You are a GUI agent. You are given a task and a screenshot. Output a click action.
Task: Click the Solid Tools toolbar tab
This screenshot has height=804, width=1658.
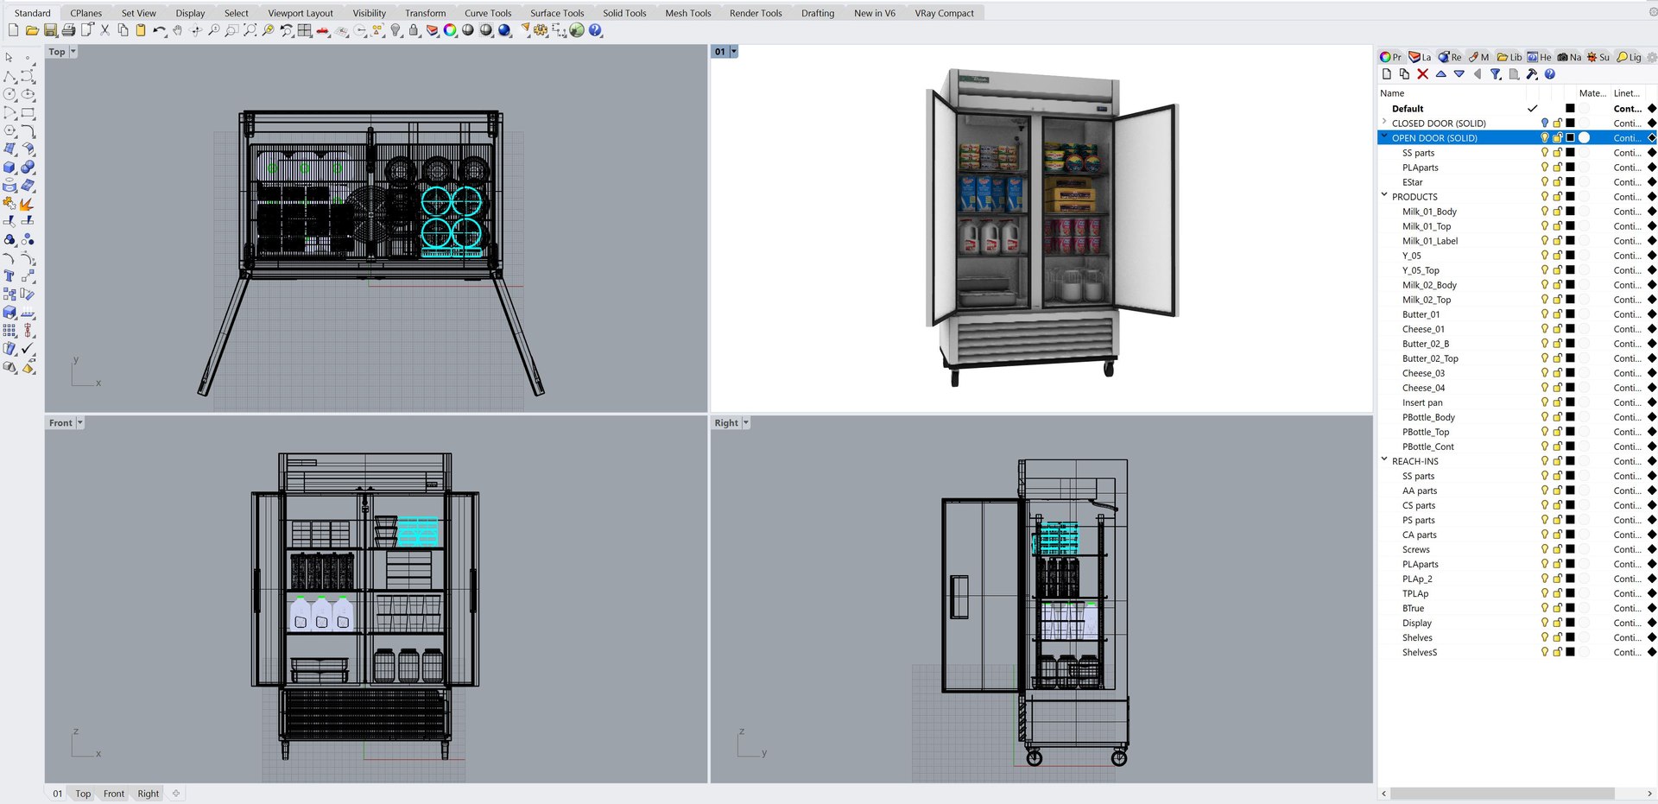[623, 13]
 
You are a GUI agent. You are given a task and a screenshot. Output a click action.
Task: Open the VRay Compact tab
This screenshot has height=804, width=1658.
[944, 13]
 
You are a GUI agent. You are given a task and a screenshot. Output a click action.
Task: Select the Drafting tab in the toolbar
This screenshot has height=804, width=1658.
[817, 13]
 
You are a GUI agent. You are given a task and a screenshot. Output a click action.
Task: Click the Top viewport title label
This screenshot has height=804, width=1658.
[57, 52]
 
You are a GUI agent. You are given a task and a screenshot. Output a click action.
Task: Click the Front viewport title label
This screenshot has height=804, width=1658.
[60, 423]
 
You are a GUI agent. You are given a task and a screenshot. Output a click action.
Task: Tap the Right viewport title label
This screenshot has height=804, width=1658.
[726, 423]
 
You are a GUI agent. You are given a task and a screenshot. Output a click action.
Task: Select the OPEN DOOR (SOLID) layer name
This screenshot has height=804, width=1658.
[1434, 138]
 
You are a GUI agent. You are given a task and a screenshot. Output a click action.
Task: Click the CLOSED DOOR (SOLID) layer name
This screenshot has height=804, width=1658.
[1439, 123]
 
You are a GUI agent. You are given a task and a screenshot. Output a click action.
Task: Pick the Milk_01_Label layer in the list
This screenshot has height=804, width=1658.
[1429, 241]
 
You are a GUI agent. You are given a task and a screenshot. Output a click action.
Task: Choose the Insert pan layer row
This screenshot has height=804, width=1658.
[1422, 402]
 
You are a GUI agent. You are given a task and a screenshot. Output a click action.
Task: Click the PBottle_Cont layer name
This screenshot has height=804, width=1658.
[1427, 446]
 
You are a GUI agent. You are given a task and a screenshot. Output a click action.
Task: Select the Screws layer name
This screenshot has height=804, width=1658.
[1415, 549]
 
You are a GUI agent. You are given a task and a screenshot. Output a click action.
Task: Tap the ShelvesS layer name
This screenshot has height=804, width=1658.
[1419, 652]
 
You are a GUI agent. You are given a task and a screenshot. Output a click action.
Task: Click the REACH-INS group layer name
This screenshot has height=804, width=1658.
[1414, 461]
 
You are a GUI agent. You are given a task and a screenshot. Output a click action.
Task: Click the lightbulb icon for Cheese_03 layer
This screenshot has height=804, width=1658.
[1544, 373]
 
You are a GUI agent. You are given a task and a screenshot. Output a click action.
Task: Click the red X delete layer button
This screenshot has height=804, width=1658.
[1422, 74]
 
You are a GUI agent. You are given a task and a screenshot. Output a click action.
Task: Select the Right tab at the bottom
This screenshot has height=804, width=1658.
[148, 794]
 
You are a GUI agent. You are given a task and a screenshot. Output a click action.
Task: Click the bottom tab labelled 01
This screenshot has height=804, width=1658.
[58, 794]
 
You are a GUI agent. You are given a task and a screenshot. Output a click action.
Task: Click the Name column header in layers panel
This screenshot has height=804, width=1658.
[1392, 93]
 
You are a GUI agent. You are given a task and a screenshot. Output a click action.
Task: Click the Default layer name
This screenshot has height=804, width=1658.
[1408, 109]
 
